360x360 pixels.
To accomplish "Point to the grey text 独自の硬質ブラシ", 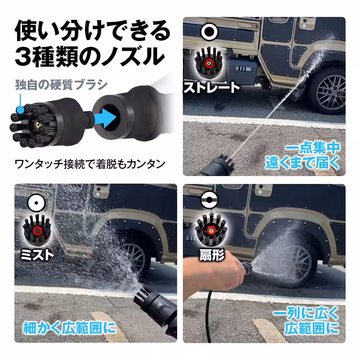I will pos(61,85).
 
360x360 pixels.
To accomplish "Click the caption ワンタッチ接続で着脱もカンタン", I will pos(90,164).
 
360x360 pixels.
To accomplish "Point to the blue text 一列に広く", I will pos(306,313).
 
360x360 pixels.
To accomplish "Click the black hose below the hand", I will pos(208,317).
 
